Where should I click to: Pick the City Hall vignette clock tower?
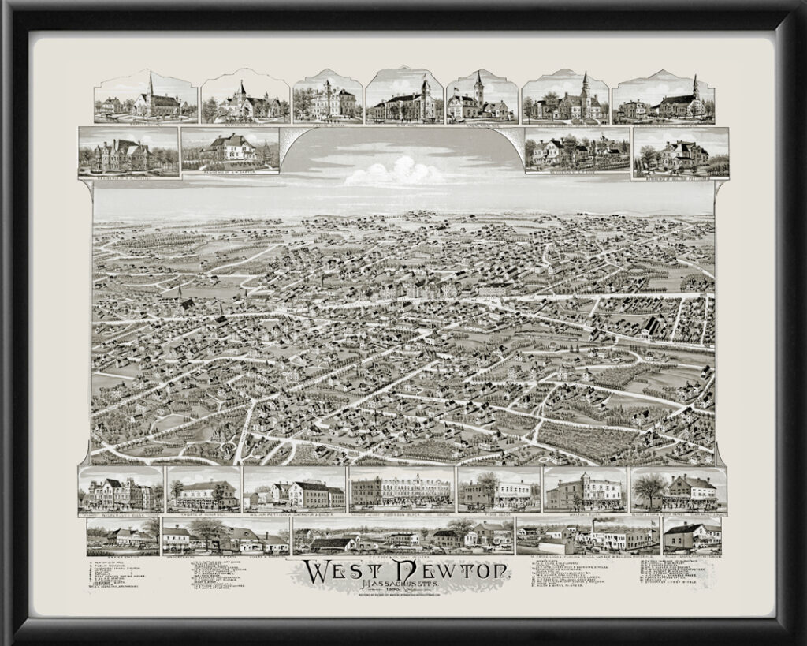point(426,91)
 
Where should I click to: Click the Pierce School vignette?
point(327,101)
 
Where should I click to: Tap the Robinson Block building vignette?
point(401,491)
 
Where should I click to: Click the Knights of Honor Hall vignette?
point(203,493)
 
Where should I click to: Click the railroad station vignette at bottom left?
point(122,536)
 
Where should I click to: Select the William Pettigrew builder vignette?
point(294,493)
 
